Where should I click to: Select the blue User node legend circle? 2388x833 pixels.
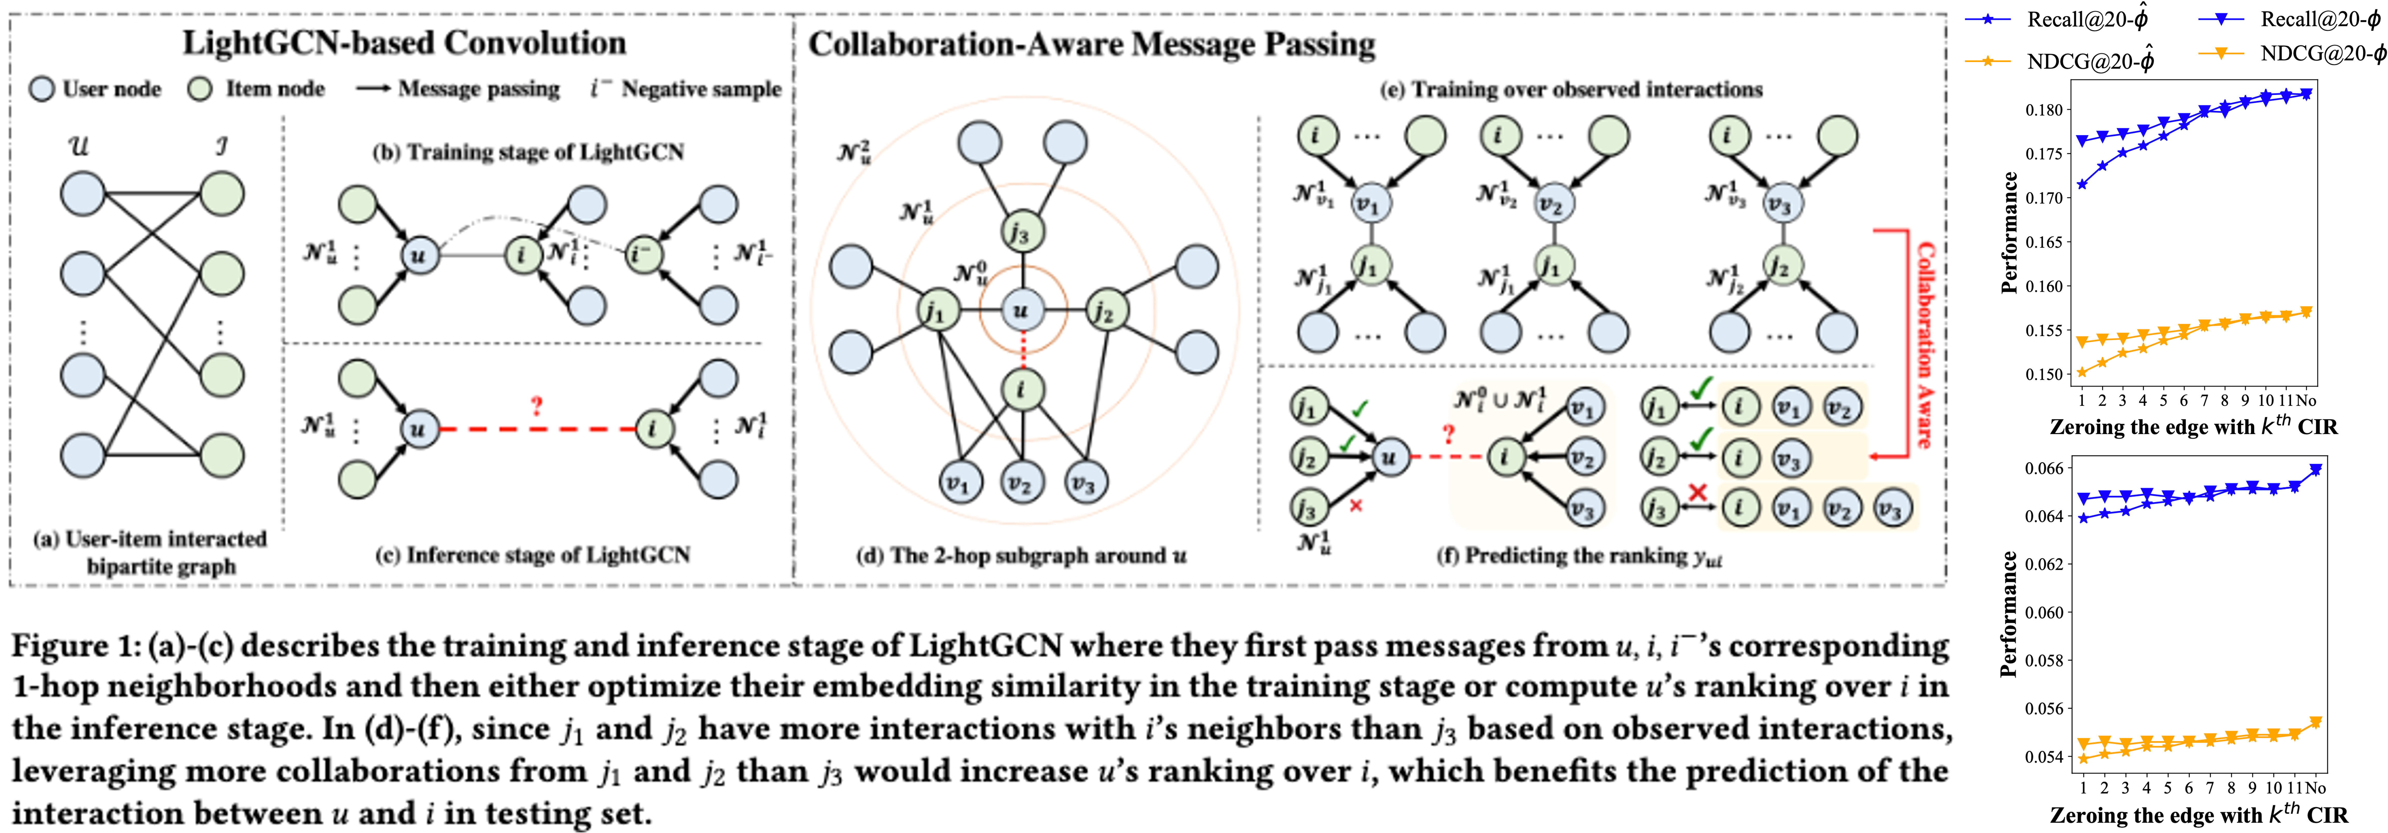(42, 89)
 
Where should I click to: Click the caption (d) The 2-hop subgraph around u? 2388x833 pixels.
(1021, 556)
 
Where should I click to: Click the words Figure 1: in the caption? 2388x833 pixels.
(74, 646)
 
